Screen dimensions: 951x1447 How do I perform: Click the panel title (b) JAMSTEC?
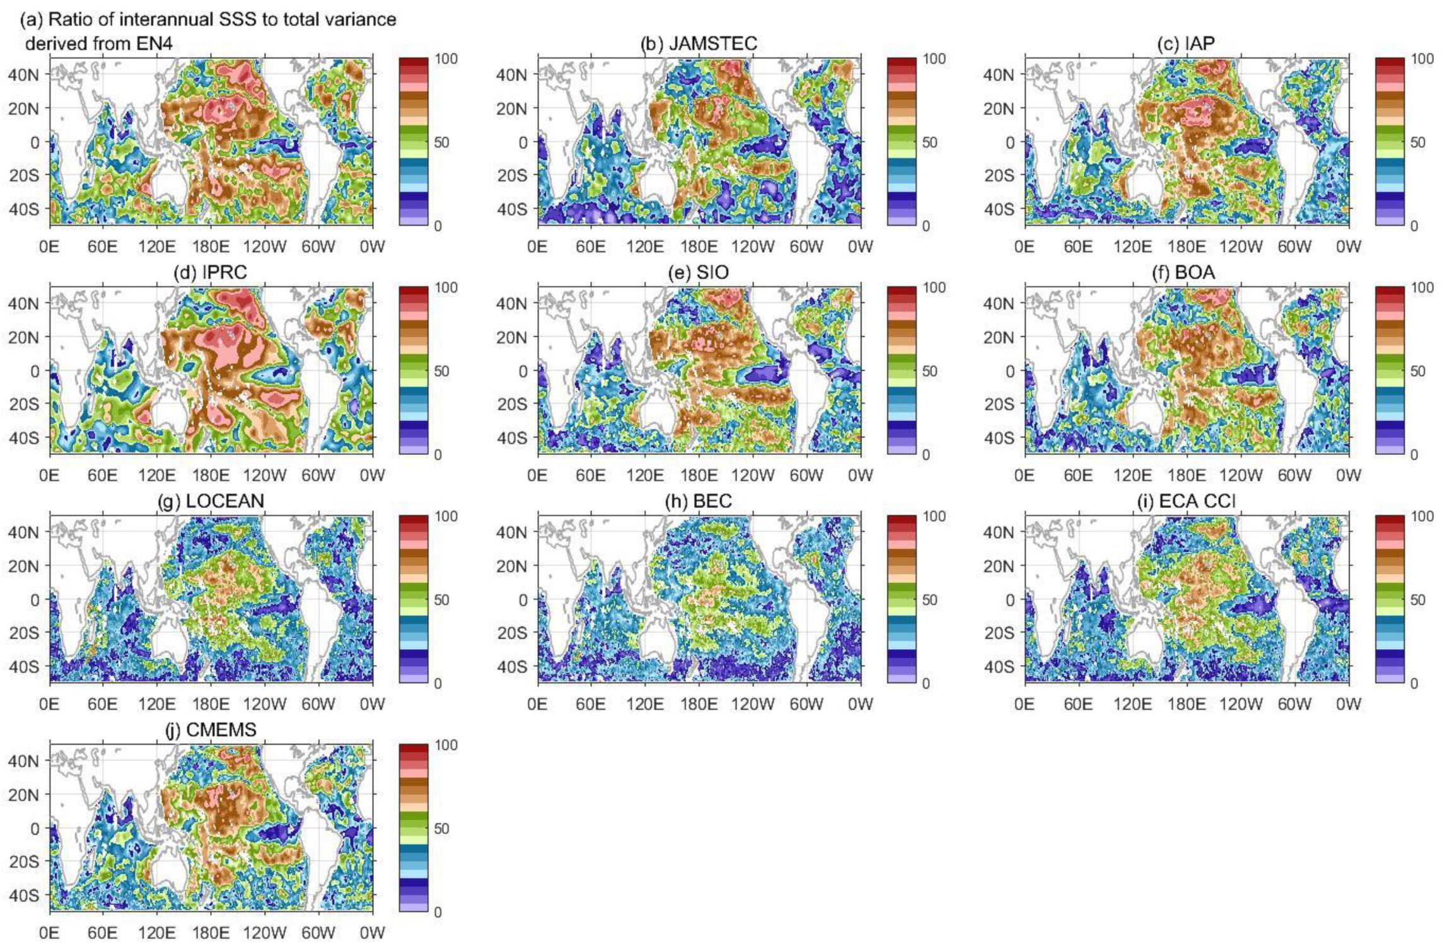pyautogui.click(x=699, y=43)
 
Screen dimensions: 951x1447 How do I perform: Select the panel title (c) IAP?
pyautogui.click(x=1186, y=43)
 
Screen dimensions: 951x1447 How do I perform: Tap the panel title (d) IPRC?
pyautogui.click(x=210, y=272)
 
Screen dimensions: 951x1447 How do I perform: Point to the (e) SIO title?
pyautogui.click(x=699, y=272)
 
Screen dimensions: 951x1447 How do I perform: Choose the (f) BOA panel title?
pyautogui.click(x=1186, y=272)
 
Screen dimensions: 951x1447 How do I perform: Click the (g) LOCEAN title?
pyautogui.click(x=211, y=501)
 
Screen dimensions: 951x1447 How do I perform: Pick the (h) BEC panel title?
pyautogui.click(x=699, y=501)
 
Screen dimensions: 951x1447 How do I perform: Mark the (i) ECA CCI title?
pyautogui.click(x=1186, y=501)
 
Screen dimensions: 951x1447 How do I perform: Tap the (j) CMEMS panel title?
pyautogui.click(x=211, y=730)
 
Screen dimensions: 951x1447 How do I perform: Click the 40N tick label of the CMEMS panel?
pyautogui.click(x=24, y=761)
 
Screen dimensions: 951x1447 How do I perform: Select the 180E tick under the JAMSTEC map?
pyautogui.click(x=699, y=246)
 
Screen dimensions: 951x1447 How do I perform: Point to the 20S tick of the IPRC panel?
pyautogui.click(x=24, y=404)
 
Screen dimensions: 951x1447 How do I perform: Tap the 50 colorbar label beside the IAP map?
pyautogui.click(x=1417, y=142)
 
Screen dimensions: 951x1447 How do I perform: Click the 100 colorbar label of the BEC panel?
pyautogui.click(x=934, y=517)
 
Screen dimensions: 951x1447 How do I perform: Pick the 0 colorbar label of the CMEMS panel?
pyautogui.click(x=438, y=912)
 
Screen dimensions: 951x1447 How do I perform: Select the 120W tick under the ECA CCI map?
pyautogui.click(x=1241, y=704)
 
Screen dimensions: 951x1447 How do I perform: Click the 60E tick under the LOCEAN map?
pyautogui.click(x=103, y=704)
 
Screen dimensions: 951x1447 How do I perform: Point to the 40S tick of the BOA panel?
pyautogui.click(x=999, y=437)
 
